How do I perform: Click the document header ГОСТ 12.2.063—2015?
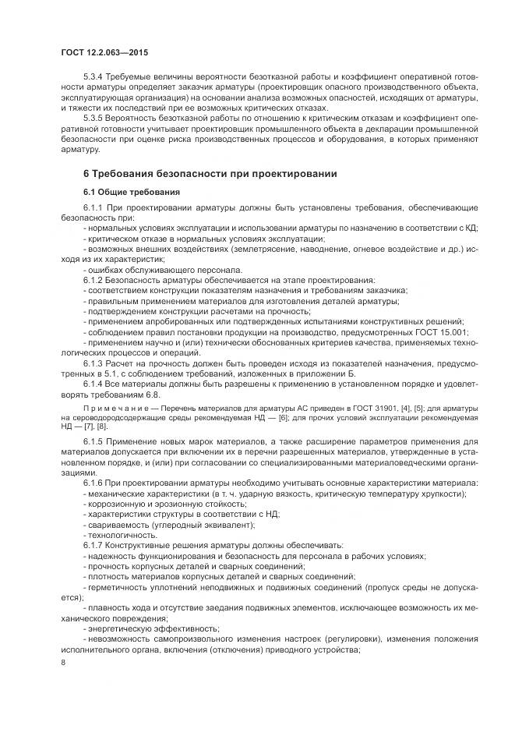point(104,52)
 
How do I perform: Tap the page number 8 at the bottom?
point(64,663)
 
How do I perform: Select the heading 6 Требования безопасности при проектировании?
point(210,173)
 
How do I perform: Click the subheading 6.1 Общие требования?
point(131,192)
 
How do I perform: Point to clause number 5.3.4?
point(95,79)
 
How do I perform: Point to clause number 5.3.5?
point(95,117)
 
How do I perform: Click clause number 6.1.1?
point(93,208)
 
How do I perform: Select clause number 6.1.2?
point(93,280)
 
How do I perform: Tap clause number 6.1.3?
point(93,363)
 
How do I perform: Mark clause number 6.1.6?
point(93,483)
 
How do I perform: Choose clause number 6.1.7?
point(93,545)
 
